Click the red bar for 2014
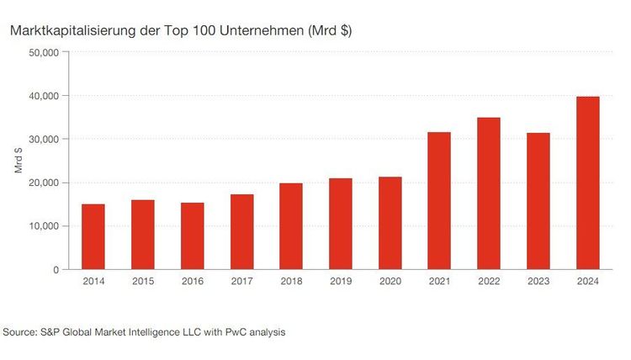[x=93, y=236]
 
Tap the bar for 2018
[x=292, y=226]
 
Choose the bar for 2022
[x=489, y=193]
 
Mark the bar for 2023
[x=538, y=201]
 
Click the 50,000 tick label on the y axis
[x=43, y=52]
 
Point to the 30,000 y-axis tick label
[x=43, y=139]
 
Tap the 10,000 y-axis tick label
[x=43, y=226]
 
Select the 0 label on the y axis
[x=55, y=270]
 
